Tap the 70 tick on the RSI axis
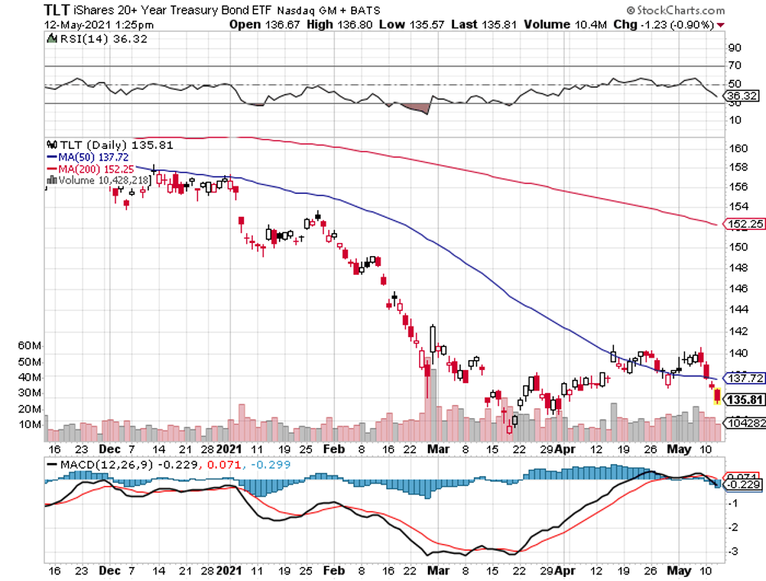[734, 65]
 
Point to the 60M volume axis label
[29, 345]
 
